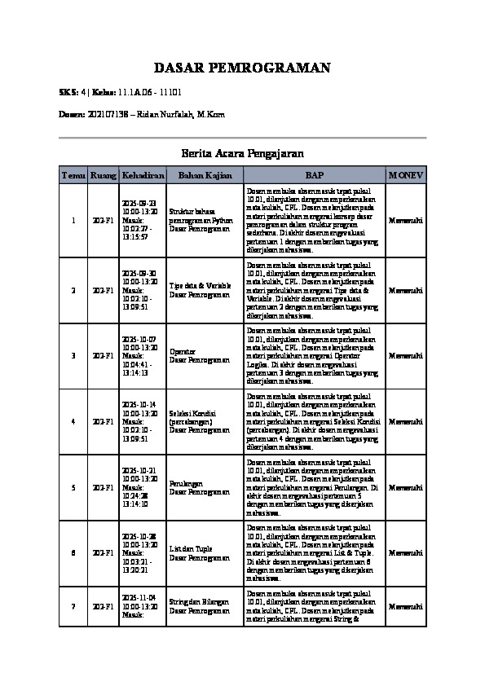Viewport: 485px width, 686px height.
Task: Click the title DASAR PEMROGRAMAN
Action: coord(242,68)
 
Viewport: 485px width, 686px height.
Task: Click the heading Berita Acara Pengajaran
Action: coord(242,153)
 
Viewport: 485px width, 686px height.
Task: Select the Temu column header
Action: coord(73,175)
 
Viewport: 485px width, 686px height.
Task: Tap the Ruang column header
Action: coord(104,175)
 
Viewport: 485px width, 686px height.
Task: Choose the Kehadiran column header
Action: coord(143,175)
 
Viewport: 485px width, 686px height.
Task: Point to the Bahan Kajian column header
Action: coord(205,175)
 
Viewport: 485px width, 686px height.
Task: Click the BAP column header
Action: coord(315,175)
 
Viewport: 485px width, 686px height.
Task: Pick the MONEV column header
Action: coord(406,175)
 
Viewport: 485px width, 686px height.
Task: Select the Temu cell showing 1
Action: coord(73,221)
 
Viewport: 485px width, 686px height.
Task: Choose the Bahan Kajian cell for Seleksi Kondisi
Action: coord(192,422)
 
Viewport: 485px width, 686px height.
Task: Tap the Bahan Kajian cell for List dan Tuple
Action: coord(190,554)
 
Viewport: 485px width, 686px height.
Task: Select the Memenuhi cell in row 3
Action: coord(406,356)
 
